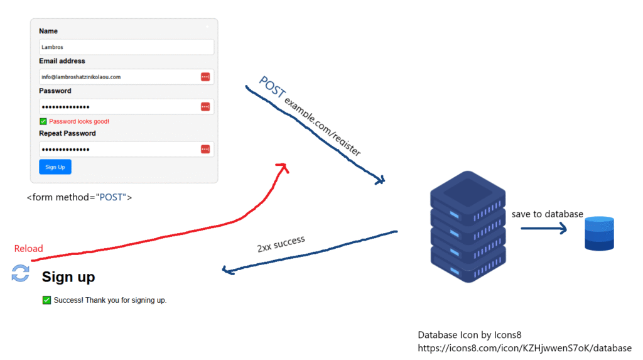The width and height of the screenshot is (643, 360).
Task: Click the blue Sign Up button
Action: (x=55, y=166)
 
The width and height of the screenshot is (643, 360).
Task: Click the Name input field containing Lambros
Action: (x=126, y=46)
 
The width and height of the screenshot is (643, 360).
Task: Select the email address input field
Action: (x=126, y=77)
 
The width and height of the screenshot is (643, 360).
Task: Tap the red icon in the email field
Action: (x=205, y=77)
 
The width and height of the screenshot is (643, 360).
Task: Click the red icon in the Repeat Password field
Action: (x=205, y=149)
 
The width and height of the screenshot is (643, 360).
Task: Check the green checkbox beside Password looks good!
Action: (x=43, y=121)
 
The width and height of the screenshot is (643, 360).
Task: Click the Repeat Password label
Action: (x=67, y=133)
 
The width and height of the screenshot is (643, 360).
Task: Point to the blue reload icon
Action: (x=21, y=273)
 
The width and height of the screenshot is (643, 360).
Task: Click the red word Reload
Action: (x=29, y=248)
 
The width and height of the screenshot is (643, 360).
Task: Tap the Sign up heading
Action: (x=68, y=276)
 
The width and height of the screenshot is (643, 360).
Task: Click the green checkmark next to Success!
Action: (x=46, y=300)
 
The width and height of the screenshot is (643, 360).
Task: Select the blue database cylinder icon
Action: (x=599, y=233)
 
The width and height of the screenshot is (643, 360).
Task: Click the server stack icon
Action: (x=468, y=227)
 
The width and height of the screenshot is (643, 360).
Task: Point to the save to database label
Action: (x=547, y=214)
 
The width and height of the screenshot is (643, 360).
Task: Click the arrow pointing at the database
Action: (x=544, y=228)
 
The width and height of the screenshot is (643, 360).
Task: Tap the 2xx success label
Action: (x=281, y=244)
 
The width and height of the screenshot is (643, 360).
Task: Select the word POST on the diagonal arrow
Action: (x=272, y=87)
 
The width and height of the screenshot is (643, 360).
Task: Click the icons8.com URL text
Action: (x=524, y=348)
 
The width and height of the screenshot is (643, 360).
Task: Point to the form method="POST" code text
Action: (x=80, y=197)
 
